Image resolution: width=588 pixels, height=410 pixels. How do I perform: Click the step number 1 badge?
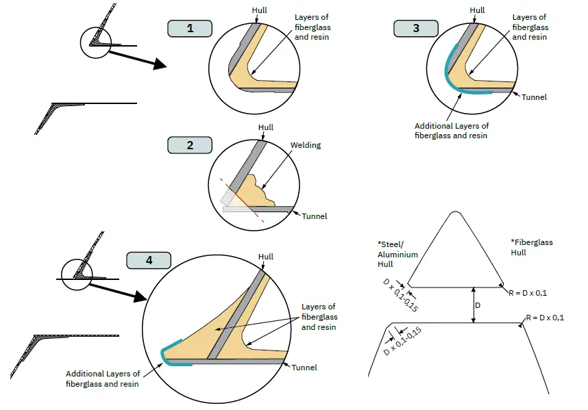pos(190,29)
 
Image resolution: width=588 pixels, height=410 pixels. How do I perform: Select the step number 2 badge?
pos(190,145)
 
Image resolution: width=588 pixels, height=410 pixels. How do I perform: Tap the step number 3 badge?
pos(416,29)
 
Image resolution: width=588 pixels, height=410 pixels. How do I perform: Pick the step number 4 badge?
pos(149,261)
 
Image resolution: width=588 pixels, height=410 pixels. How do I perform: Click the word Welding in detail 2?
pos(305,145)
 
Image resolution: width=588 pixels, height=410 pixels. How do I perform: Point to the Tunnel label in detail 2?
pos(314,216)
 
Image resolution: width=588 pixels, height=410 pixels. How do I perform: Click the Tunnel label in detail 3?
pos(534,97)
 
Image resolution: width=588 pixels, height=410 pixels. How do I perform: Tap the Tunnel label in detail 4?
pos(304,368)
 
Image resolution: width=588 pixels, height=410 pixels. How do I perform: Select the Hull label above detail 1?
pos(260,10)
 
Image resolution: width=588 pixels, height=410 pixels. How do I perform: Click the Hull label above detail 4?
pos(266,257)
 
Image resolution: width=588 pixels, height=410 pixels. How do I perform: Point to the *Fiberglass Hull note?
pos(532,247)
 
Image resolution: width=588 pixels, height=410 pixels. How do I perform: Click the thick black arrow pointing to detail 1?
pos(137,57)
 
